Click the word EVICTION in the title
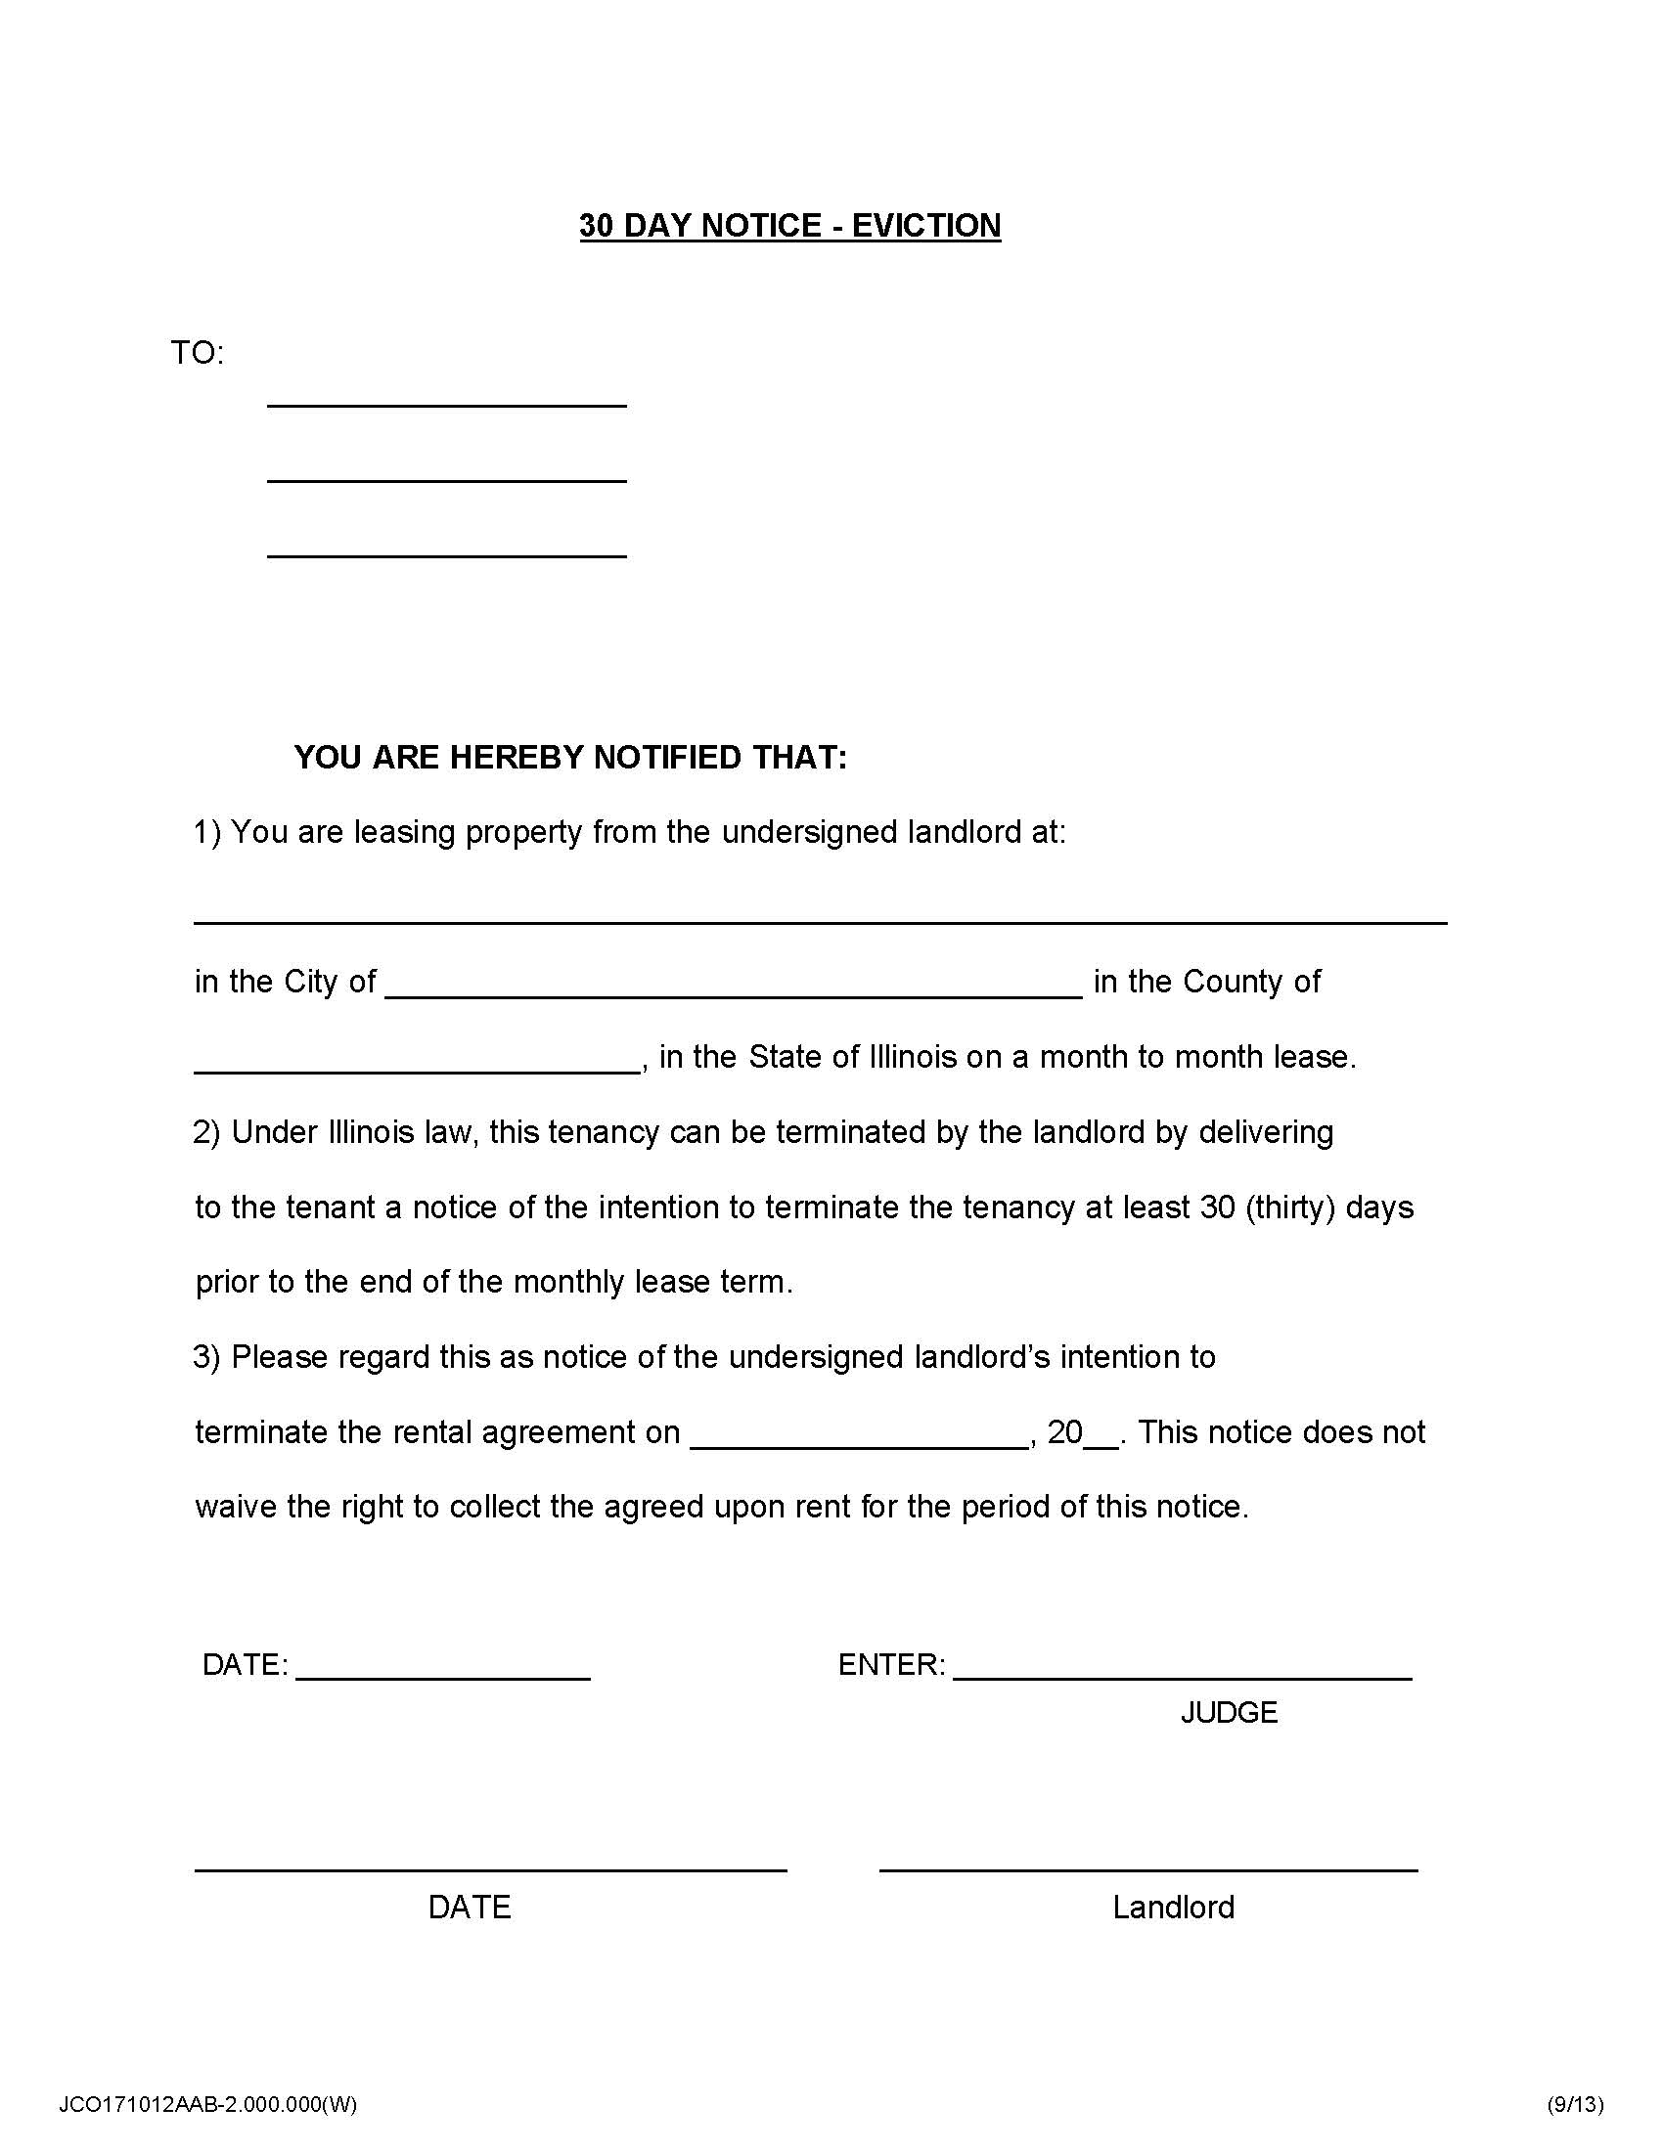926,226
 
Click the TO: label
197,353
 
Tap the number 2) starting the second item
205,1132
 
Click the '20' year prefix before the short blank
1064,1432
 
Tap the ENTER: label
890,1665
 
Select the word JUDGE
1229,1713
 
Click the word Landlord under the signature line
1172,1908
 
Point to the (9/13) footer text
1574,2105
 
